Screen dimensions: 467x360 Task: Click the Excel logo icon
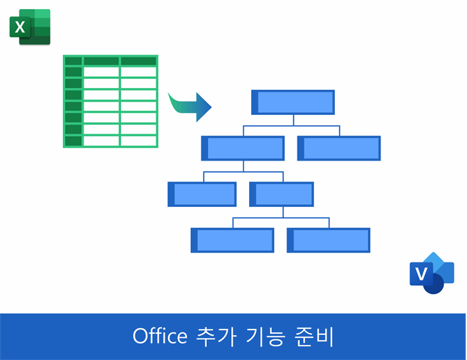[x=30, y=27]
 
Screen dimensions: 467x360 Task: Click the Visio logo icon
[x=432, y=273]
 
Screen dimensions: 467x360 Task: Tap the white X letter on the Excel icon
[x=20, y=27]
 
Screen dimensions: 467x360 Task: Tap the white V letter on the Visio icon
[x=421, y=273]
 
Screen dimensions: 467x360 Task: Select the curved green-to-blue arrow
[x=190, y=107]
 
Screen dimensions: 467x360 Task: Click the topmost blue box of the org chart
[x=293, y=102]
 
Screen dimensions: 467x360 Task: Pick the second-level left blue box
[x=243, y=148]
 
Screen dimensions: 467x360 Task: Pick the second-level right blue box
[x=339, y=148]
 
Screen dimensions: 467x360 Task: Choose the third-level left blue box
[x=202, y=195]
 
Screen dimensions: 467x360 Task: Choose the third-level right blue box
[x=282, y=195]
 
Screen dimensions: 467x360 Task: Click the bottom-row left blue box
[x=232, y=240]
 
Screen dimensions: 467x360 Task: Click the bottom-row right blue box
[x=329, y=240]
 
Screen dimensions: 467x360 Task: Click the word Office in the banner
[x=160, y=336]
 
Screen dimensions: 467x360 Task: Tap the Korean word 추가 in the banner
[x=217, y=336]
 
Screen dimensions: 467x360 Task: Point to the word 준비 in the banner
[x=313, y=336]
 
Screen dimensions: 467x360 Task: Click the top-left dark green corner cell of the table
[x=73, y=61]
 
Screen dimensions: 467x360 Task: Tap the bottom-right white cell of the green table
[x=138, y=141]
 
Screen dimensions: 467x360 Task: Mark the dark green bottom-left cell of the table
[x=73, y=141]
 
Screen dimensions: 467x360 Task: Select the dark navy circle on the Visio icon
[x=434, y=284]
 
